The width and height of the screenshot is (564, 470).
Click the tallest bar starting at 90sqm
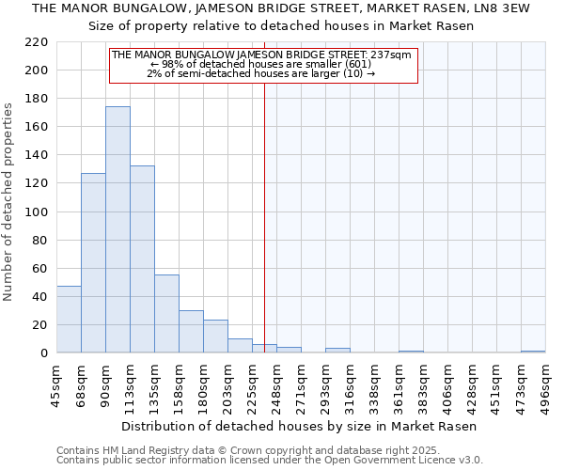117,230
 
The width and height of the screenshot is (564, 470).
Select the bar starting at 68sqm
93,263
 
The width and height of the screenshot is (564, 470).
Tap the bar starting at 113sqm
142,259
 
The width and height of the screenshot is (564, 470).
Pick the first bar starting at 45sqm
69,320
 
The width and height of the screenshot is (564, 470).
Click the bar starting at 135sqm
166,314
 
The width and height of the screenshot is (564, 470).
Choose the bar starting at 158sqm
191,332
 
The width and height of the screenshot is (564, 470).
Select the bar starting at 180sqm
215,337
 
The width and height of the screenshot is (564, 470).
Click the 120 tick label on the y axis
37,183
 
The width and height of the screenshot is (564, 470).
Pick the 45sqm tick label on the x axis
56,384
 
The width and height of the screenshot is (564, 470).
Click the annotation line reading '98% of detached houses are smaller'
262,64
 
